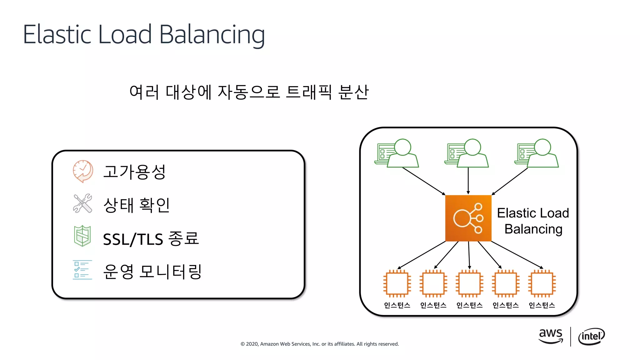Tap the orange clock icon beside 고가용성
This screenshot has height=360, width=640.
tap(83, 171)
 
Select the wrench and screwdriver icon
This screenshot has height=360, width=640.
tap(82, 203)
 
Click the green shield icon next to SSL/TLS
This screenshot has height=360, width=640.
tap(82, 236)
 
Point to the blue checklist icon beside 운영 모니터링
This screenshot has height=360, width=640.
tap(82, 270)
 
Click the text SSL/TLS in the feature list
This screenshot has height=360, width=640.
tap(133, 239)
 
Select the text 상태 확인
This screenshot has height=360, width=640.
tap(137, 205)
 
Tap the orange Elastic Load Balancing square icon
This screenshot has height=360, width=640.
tap(468, 218)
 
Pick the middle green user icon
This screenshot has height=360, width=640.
tap(467, 153)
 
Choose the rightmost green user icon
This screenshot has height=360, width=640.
tap(537, 153)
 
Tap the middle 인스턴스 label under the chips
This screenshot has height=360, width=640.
tap(469, 305)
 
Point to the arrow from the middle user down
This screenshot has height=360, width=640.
tap(468, 181)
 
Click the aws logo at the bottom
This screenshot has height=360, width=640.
tap(551, 336)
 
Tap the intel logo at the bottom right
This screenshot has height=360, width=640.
tap(591, 336)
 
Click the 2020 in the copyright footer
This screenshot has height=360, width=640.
tap(252, 344)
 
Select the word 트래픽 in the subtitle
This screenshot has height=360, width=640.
tap(309, 92)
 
